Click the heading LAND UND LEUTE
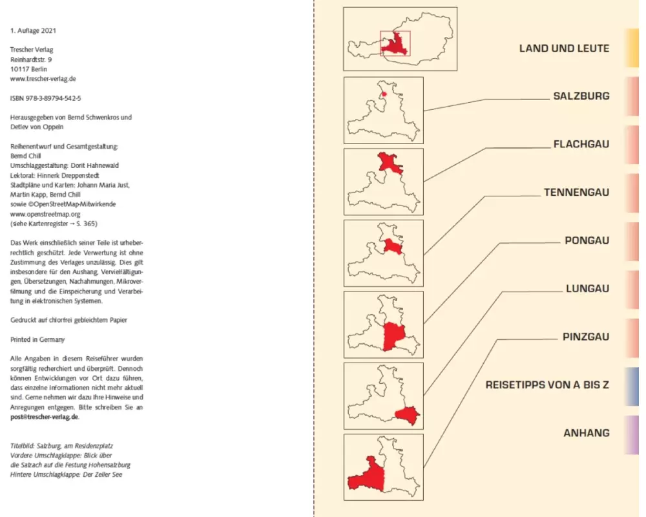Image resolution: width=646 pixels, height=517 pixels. point(564,48)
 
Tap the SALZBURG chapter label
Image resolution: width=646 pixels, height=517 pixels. point(581,96)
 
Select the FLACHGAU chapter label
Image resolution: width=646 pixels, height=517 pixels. point(581,144)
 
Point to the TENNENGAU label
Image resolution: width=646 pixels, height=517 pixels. point(576,193)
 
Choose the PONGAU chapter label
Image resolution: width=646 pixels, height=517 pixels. point(587,240)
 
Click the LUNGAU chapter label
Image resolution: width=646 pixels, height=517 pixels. point(587,289)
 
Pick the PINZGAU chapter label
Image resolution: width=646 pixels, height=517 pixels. point(586,337)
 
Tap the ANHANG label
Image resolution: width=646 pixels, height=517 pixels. point(586,433)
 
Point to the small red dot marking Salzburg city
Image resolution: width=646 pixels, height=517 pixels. point(384,94)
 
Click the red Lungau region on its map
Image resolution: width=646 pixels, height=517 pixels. point(408,416)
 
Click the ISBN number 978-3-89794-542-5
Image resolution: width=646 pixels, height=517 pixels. point(46,98)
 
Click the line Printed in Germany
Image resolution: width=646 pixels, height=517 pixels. point(37,339)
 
